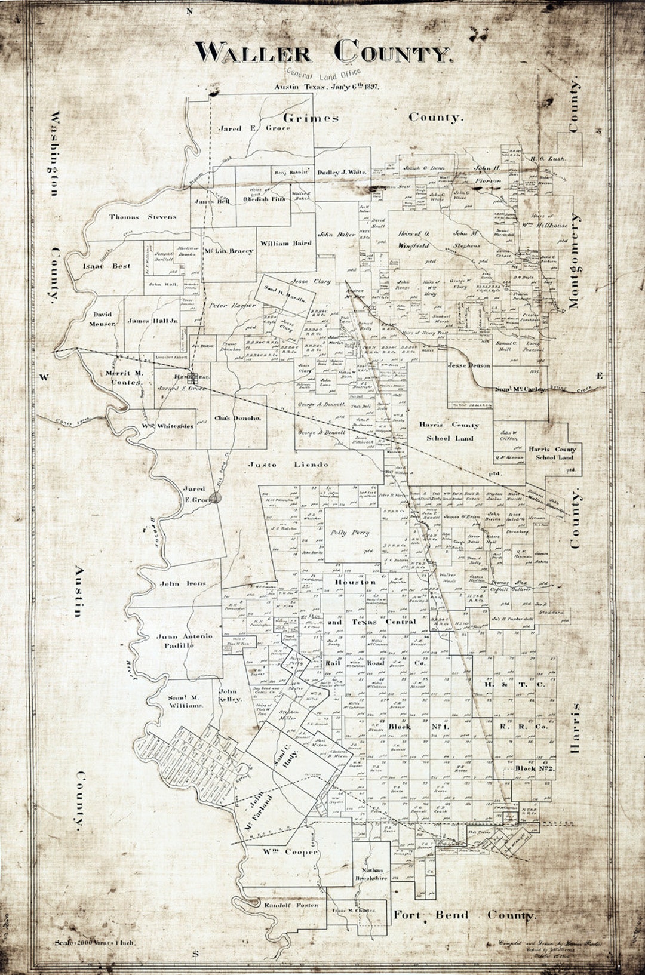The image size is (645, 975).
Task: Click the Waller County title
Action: (x=323, y=52)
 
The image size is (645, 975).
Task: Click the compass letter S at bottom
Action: (x=195, y=954)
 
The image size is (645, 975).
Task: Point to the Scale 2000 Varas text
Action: (x=94, y=943)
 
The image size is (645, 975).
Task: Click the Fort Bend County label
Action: (x=464, y=915)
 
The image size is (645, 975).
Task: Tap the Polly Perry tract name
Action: (x=351, y=532)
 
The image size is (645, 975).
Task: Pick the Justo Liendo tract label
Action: (x=288, y=464)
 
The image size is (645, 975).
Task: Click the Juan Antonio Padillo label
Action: (x=184, y=641)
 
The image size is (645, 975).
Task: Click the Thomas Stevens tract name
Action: (x=143, y=217)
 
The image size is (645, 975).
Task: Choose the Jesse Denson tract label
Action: (x=469, y=365)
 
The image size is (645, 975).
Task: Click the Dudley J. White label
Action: (x=342, y=172)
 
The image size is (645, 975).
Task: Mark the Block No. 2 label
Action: (x=535, y=768)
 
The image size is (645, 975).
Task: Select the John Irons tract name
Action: (x=183, y=583)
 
